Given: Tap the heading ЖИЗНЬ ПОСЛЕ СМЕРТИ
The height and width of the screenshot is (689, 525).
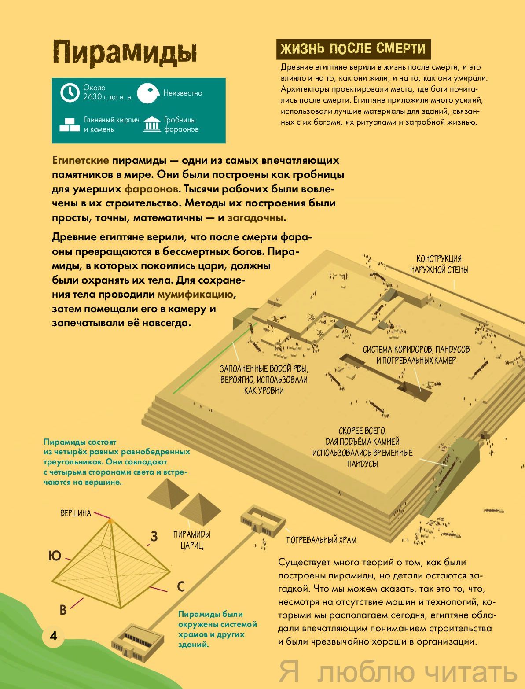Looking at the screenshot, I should (353, 49).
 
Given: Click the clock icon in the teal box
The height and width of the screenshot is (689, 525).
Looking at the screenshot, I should (69, 93).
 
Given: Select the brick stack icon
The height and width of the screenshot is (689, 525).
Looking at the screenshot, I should (70, 125).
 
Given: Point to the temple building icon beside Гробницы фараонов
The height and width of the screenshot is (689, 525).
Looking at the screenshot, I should (152, 125).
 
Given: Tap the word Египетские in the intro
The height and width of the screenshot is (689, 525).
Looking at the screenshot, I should (81, 160).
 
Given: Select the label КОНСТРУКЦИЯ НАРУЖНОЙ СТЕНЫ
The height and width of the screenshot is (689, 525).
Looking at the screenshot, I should (439, 264).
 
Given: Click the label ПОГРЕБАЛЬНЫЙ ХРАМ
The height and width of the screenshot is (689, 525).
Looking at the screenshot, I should (321, 540).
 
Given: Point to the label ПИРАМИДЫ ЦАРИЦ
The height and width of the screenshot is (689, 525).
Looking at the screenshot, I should (192, 540).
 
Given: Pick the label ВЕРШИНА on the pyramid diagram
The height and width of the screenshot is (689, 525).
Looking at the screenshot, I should (76, 513).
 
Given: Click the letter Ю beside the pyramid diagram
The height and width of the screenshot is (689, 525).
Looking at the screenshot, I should (54, 556).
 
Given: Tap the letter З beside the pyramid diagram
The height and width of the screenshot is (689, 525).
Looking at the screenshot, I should (154, 536).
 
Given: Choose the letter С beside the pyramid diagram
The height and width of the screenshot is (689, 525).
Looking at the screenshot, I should (180, 587).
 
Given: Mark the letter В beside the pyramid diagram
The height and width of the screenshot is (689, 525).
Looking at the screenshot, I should (63, 610).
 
